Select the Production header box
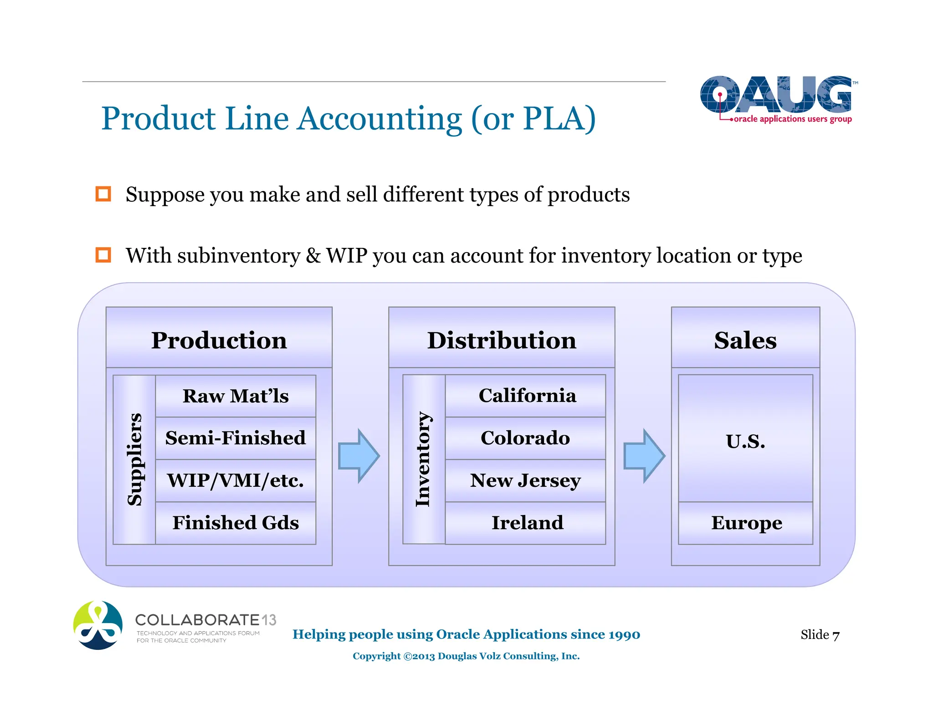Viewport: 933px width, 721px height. tap(219, 338)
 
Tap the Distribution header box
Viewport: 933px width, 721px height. tap(502, 338)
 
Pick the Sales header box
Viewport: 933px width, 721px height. tap(745, 338)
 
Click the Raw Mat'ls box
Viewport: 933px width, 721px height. tap(236, 396)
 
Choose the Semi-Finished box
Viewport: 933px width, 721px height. tap(236, 438)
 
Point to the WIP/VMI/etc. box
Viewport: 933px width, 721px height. tap(236, 480)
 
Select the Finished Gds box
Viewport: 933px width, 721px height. tap(236, 523)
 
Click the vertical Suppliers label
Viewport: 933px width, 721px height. tap(134, 459)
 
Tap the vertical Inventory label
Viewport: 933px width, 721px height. tap(424, 459)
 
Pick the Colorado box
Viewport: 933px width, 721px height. tap(526, 438)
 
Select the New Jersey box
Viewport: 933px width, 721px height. tap(526, 480)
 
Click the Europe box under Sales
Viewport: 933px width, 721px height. tap(746, 523)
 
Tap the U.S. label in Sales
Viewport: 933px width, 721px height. tap(745, 441)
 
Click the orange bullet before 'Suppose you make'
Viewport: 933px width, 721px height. tap(103, 194)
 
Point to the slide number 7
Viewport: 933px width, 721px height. tap(836, 635)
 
